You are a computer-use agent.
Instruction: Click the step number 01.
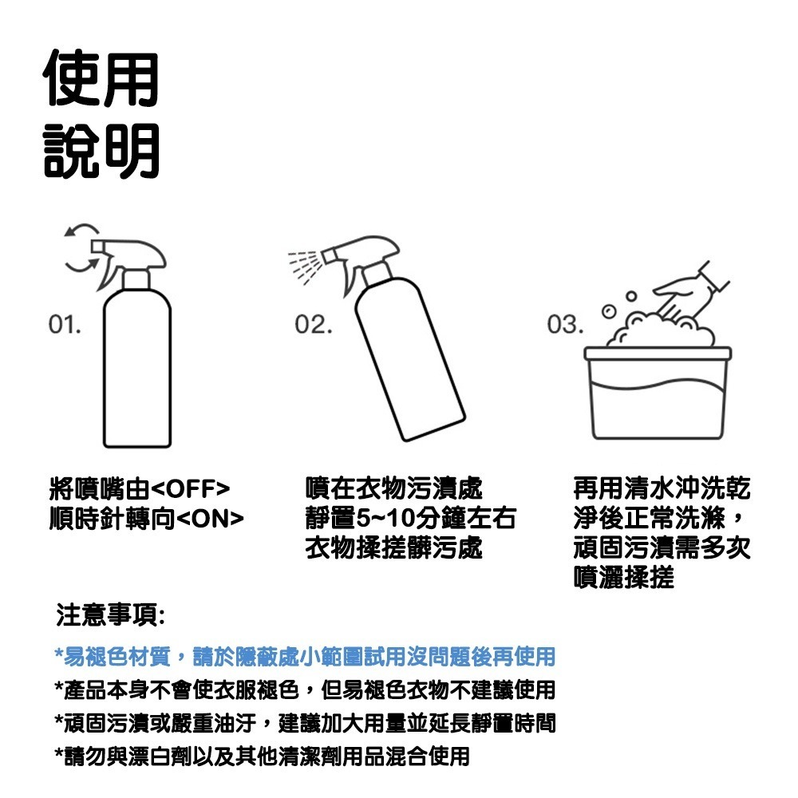tap(64, 325)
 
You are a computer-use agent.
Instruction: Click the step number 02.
tap(312, 325)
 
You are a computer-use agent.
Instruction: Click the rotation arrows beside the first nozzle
tap(78, 249)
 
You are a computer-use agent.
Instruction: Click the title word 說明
tap(101, 149)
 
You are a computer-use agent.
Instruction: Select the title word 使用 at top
tap(101, 77)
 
